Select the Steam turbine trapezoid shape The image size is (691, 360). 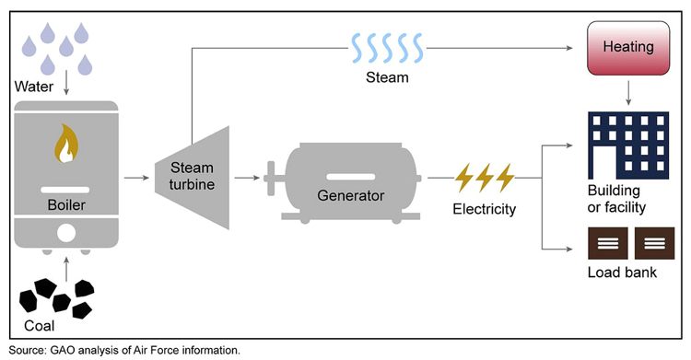click(192, 175)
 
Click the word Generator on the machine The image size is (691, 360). click(350, 195)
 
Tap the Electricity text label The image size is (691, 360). click(485, 209)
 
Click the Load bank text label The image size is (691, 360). click(622, 273)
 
